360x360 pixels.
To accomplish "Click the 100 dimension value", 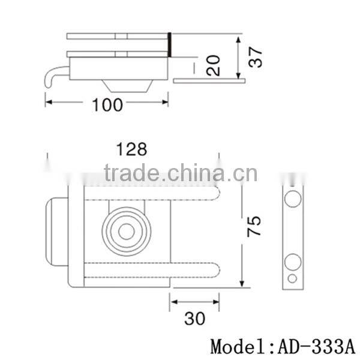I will pyautogui.click(x=108, y=105).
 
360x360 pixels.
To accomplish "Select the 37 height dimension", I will pyautogui.click(x=256, y=58).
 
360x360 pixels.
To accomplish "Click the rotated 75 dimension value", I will pyautogui.click(x=256, y=226).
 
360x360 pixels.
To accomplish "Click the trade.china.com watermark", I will pyautogui.click(x=180, y=174).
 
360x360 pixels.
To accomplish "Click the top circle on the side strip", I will pyautogui.click(x=292, y=200).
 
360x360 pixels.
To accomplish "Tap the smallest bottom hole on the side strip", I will pyautogui.click(x=292, y=278).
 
